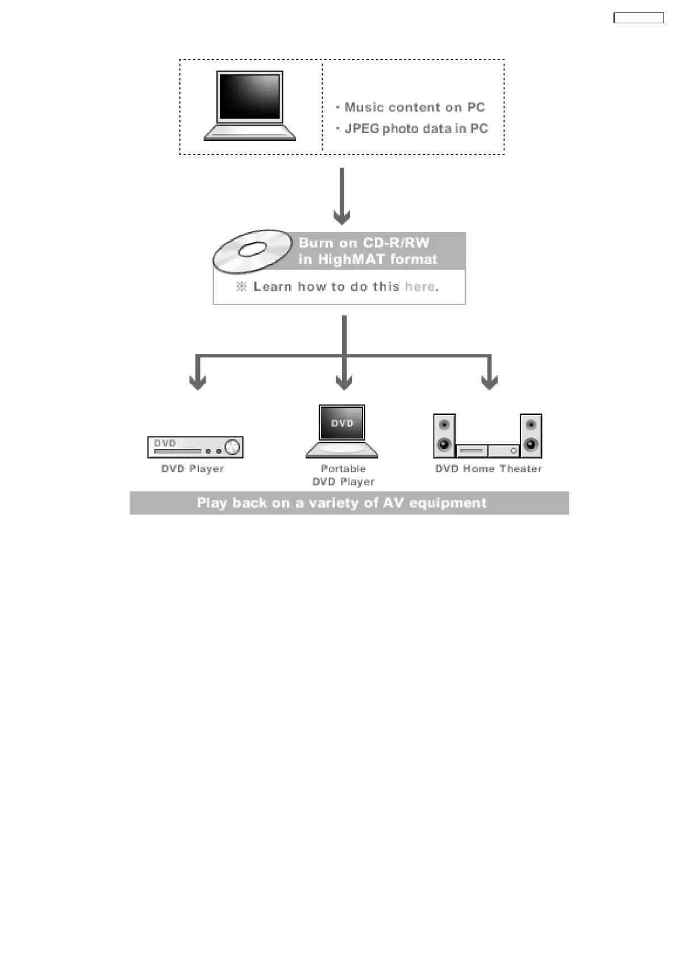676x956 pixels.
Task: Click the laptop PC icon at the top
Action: pos(250,106)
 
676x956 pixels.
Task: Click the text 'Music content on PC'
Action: pos(415,107)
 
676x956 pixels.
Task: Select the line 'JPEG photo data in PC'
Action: pos(416,129)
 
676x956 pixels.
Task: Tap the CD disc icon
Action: pos(252,250)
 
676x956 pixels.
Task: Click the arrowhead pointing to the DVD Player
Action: pos(197,383)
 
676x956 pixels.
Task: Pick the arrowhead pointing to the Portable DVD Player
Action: pos(344,383)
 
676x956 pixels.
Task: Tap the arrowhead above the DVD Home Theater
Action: pos(490,383)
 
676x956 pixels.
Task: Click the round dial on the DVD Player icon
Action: pos(232,447)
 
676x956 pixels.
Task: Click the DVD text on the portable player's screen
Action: pos(343,424)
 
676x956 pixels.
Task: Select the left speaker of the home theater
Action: pos(444,435)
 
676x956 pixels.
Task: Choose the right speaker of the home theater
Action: pos(531,435)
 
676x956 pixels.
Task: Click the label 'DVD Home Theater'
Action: pos(489,469)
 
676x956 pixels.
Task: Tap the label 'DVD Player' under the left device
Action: pos(193,469)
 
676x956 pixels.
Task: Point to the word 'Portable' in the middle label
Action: pos(343,469)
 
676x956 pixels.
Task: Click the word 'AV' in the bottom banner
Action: pos(394,503)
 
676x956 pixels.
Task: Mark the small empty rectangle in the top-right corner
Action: pos(639,18)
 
